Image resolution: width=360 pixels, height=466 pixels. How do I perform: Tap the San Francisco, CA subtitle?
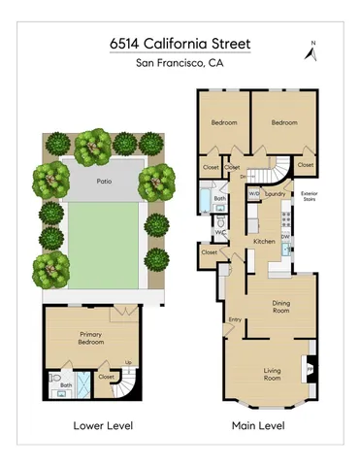(180, 64)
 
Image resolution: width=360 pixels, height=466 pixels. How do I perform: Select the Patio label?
(102, 181)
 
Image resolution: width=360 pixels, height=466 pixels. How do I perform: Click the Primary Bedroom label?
(91, 338)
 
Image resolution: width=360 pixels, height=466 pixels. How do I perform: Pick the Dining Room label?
(281, 307)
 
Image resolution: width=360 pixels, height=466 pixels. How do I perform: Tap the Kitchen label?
(264, 241)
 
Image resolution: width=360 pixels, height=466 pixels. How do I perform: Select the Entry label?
(235, 319)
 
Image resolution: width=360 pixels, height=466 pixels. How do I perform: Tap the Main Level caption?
(257, 425)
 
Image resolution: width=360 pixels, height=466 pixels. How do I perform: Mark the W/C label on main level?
(220, 233)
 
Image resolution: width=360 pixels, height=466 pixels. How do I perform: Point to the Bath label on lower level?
(66, 385)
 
